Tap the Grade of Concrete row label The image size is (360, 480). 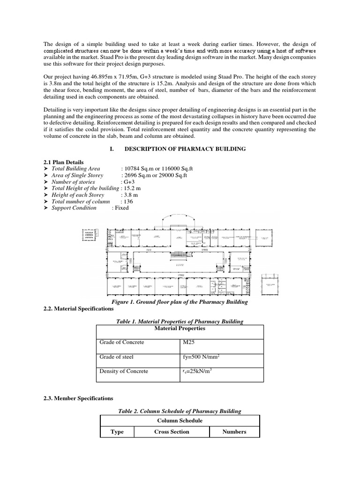[122, 342]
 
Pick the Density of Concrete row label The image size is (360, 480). [124, 371]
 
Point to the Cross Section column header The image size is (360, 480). [172, 432]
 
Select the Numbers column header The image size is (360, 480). [234, 432]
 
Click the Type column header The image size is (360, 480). [117, 432]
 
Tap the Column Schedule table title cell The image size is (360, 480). [180, 420]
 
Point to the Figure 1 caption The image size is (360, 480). [180, 302]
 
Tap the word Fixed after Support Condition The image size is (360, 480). [120, 208]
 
